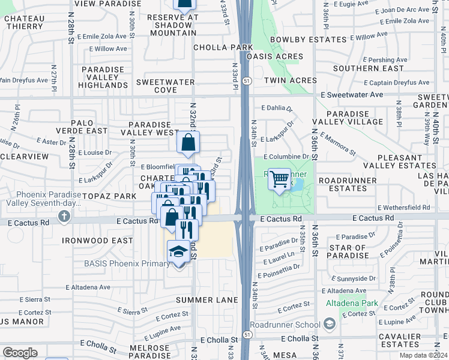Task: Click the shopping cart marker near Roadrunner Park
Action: point(280,179)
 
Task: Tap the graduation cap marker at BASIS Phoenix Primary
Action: point(178,253)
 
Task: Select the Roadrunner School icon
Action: point(329,325)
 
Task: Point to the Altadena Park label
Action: point(352,303)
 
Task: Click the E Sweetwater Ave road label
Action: point(351,95)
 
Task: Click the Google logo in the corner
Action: point(20,352)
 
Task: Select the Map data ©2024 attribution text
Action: point(423,355)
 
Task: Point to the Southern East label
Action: point(360,68)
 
